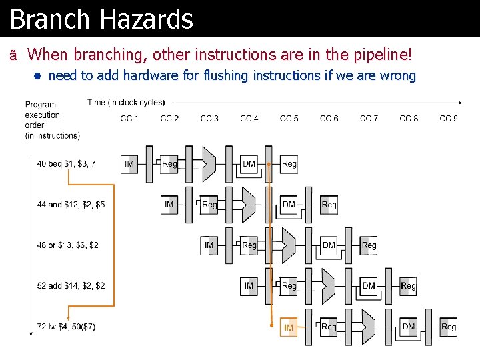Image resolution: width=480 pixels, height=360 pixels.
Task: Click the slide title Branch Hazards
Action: [101, 19]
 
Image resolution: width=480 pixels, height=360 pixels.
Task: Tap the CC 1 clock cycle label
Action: [129, 119]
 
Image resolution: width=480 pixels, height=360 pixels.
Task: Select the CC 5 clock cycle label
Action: [289, 119]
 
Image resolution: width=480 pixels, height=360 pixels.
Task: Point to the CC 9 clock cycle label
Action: [449, 119]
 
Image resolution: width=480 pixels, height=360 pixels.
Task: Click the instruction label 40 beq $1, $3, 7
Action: [67, 164]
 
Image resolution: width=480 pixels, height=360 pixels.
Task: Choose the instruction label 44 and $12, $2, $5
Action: [71, 205]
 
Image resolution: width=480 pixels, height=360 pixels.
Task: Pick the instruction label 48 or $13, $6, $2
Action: [68, 245]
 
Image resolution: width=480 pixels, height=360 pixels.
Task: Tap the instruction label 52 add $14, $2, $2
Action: [71, 286]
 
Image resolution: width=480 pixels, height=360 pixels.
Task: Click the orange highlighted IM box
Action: [289, 327]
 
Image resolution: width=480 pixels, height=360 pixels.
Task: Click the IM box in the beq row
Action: [129, 164]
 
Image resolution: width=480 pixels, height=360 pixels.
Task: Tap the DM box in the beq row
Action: [249, 164]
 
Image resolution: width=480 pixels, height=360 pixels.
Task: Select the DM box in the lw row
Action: [409, 327]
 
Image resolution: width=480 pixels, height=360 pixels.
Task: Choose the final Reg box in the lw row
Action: [449, 327]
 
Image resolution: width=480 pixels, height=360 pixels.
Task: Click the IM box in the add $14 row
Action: [249, 286]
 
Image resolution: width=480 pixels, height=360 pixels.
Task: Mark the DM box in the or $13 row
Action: [329, 245]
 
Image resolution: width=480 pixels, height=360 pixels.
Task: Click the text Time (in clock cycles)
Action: [126, 103]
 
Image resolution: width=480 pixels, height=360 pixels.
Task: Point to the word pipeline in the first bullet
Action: [390, 53]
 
